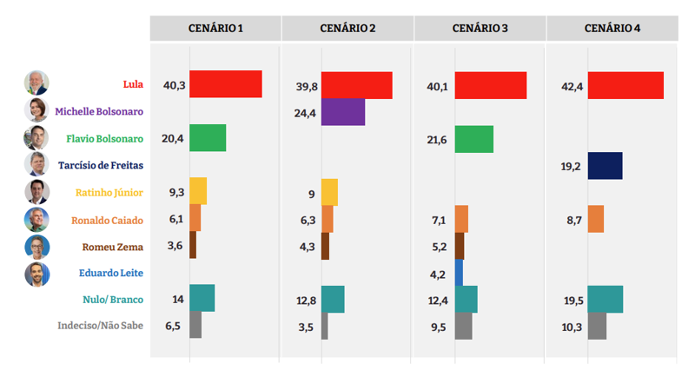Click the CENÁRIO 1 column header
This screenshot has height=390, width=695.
click(215, 29)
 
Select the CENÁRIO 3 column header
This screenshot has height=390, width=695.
click(480, 29)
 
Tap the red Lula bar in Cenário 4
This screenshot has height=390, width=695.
click(625, 85)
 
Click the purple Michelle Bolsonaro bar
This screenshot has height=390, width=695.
click(343, 112)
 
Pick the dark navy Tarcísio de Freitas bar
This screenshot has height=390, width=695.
click(606, 166)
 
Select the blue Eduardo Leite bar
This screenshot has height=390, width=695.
click(459, 273)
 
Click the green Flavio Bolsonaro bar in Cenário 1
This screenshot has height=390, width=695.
click(208, 138)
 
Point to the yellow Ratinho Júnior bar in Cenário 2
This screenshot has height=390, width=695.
click(329, 192)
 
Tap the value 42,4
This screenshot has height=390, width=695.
click(573, 86)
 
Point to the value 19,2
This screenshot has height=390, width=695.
click(573, 166)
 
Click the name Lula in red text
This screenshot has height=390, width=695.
click(133, 84)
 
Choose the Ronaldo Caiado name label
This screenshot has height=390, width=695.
click(108, 220)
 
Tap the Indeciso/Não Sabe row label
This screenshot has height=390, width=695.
click(100, 327)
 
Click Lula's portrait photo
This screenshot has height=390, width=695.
click(36, 83)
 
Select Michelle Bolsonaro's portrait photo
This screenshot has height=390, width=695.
click(36, 110)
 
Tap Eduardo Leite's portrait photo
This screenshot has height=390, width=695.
click(36, 274)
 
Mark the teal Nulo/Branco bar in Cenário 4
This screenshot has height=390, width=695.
click(606, 299)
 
